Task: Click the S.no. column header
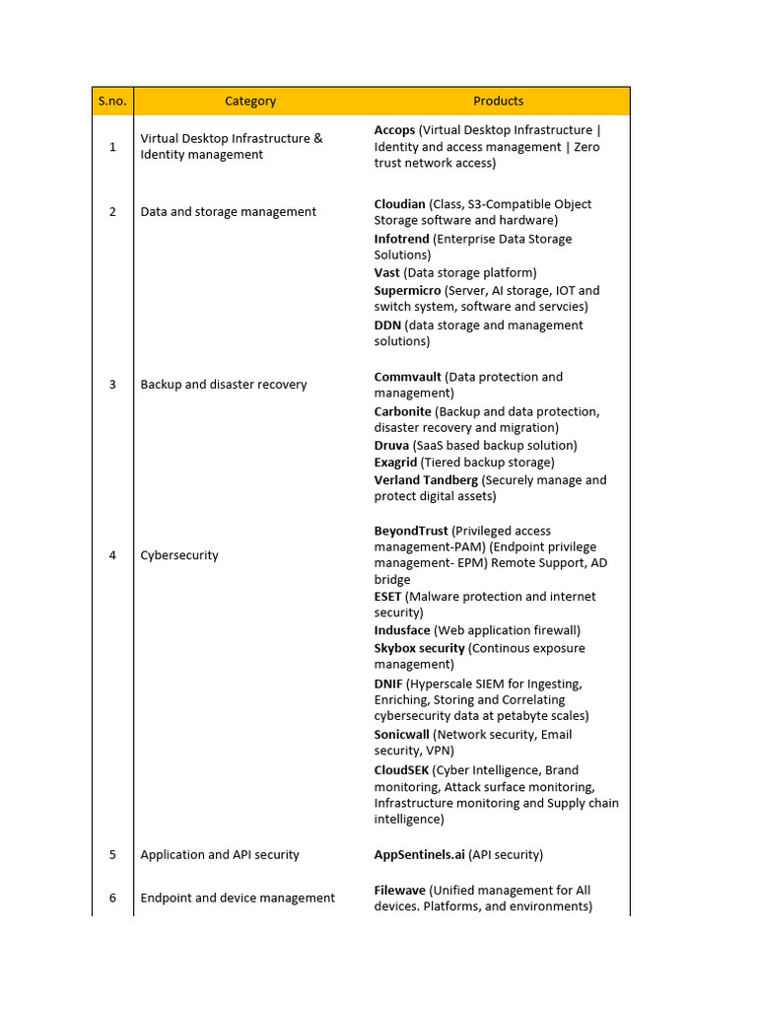point(112,101)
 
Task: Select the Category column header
point(250,101)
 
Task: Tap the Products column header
point(498,101)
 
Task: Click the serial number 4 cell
point(112,555)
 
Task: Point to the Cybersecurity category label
point(179,555)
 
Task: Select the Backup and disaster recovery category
point(224,385)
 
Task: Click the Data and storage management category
point(229,212)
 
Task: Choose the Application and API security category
point(220,855)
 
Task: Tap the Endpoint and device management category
point(238,898)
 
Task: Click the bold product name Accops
point(394,130)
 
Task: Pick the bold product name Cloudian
point(399,204)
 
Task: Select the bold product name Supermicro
point(407,291)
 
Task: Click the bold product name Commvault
point(407,377)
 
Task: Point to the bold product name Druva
point(391,446)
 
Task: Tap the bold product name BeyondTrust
point(410,531)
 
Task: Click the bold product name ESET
point(387,597)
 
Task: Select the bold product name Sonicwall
point(401,735)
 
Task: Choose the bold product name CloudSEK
point(401,770)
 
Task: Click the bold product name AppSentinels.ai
point(419,855)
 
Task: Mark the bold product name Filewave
point(399,891)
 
